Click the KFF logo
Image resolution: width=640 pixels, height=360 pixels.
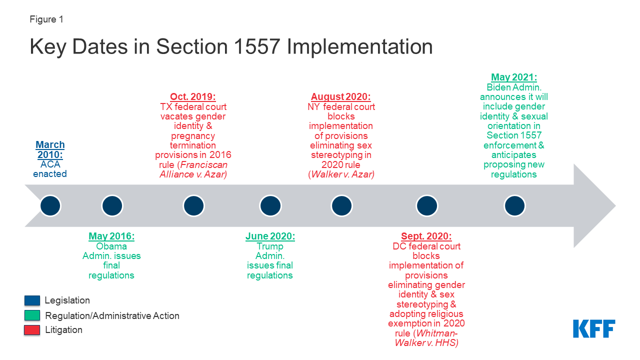coord(594,328)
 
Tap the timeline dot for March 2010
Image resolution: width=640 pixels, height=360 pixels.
coord(50,205)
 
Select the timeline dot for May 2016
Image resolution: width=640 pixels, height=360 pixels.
coord(112,205)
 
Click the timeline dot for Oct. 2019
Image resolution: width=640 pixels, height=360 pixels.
coord(193,205)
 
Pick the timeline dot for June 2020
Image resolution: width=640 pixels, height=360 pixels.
coord(270,205)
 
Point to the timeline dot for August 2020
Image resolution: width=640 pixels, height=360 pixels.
coord(342,205)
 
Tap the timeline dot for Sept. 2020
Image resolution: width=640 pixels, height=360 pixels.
coord(426,205)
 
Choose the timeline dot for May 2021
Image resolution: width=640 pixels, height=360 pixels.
coord(514,205)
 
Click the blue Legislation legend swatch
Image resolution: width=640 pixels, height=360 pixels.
coord(32,300)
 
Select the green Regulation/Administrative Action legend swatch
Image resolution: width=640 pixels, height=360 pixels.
coord(32,315)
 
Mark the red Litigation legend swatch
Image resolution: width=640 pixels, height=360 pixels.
coord(32,330)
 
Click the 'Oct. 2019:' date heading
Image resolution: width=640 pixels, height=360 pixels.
coord(193,97)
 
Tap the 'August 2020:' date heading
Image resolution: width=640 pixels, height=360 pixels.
coord(341,97)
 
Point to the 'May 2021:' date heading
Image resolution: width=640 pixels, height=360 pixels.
coord(513,77)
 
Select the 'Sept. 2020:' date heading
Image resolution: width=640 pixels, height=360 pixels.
coord(426,236)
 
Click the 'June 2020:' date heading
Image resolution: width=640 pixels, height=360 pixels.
coord(270,236)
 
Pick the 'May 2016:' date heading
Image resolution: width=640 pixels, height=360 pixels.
coord(111,236)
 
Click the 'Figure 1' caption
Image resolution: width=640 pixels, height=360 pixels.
coord(46,19)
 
